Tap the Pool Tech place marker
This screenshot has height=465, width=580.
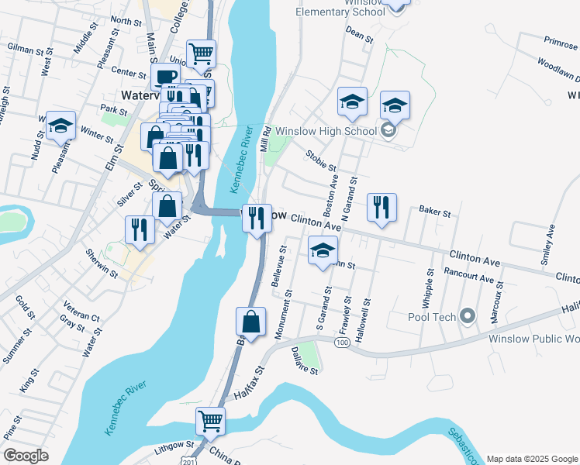468,317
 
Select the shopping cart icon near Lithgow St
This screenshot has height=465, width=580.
210,422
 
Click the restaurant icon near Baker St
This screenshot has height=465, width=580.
381,207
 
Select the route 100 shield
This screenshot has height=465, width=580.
342,342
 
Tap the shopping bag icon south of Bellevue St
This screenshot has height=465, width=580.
250,322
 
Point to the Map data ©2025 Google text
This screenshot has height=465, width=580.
531,459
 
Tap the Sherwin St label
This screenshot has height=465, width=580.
102,264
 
